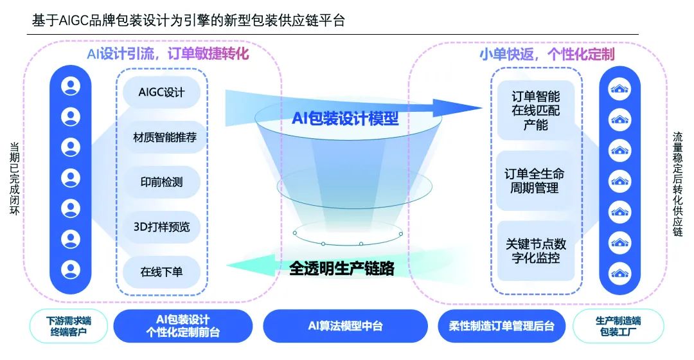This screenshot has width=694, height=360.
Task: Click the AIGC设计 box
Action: [161, 92]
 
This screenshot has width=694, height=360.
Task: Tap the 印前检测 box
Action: [161, 182]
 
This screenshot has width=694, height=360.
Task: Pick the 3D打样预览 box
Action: [161, 227]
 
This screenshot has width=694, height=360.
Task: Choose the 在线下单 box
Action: [161, 272]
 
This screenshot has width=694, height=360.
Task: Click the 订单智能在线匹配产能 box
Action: [535, 110]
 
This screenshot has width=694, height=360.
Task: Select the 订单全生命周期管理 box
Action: [535, 181]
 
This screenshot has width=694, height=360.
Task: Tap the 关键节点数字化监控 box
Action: [535, 251]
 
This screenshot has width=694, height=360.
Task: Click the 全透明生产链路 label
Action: [341, 267]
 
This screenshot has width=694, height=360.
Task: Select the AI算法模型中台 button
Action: [345, 326]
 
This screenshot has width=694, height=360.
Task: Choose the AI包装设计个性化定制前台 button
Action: [183, 326]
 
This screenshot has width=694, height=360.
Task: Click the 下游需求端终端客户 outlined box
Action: [69, 326]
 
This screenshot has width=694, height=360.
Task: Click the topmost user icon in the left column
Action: [71, 86]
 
